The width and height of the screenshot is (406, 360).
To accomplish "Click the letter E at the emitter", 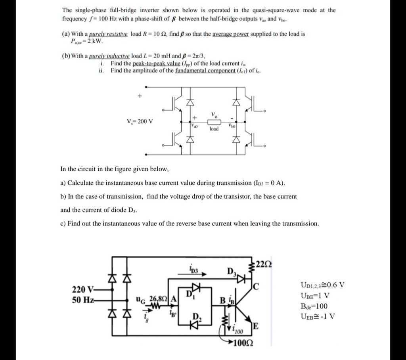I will pyautogui.click(x=256, y=326).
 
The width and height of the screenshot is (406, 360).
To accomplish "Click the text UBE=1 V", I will pyautogui.click(x=316, y=295).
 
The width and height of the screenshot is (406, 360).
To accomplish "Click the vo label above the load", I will pyautogui.click(x=214, y=115).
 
